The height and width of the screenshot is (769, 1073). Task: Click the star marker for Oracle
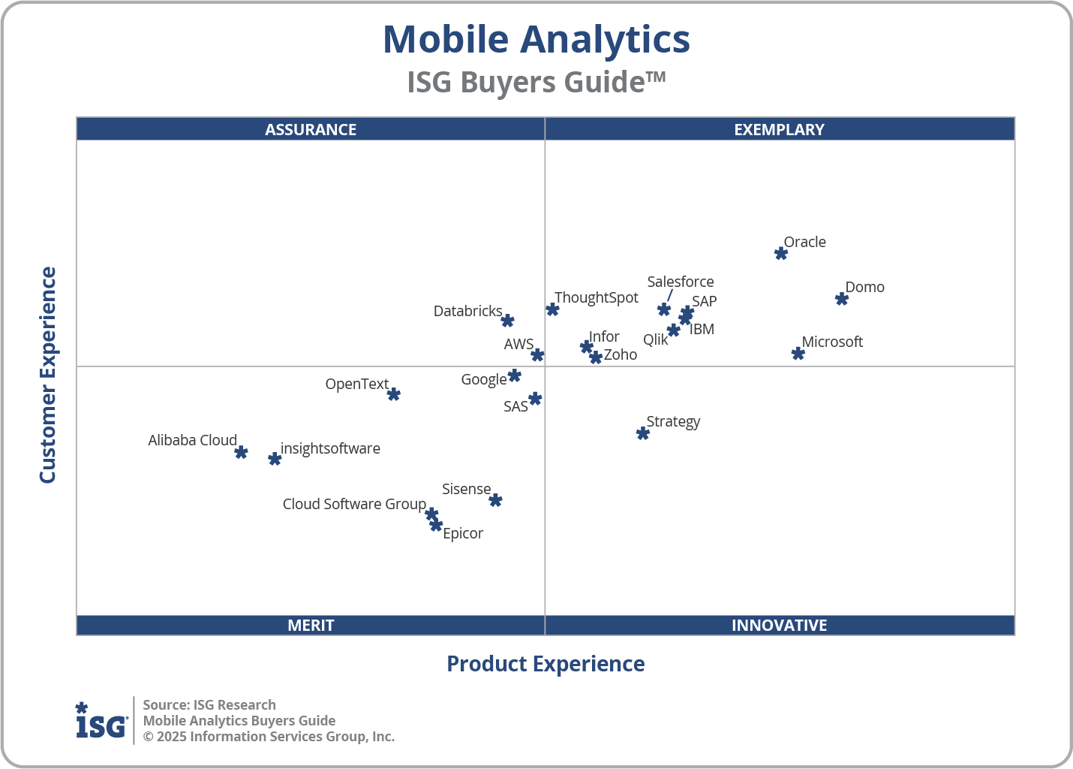point(781,253)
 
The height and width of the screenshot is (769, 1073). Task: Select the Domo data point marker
point(842,299)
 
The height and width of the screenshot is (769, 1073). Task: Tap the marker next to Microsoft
point(798,354)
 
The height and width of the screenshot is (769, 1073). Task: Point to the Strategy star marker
point(643,433)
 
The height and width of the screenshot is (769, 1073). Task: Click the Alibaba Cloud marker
point(241,452)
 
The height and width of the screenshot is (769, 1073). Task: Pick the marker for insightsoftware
point(275,459)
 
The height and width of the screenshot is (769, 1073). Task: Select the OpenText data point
point(394,394)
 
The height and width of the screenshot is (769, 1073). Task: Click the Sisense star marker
point(495,500)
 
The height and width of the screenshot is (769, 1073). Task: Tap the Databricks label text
point(467,311)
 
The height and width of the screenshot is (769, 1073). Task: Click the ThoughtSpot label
point(597,297)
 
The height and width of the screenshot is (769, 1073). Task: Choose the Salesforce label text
point(681,282)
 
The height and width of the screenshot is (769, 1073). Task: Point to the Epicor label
point(463,533)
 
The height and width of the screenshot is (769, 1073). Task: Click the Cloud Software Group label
point(354,504)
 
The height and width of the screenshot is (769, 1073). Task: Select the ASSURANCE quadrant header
point(311,129)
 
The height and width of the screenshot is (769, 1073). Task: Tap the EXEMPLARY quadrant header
point(779,129)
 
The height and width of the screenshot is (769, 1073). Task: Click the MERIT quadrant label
point(311,625)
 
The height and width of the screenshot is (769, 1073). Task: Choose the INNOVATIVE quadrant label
point(779,625)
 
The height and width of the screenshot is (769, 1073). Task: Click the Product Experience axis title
point(546,664)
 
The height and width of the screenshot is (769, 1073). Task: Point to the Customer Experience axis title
point(48,375)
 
